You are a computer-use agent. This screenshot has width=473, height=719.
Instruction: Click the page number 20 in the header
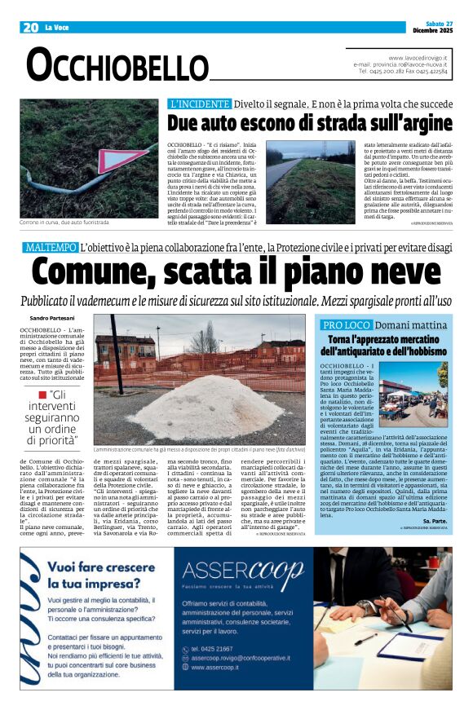(x=30, y=28)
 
